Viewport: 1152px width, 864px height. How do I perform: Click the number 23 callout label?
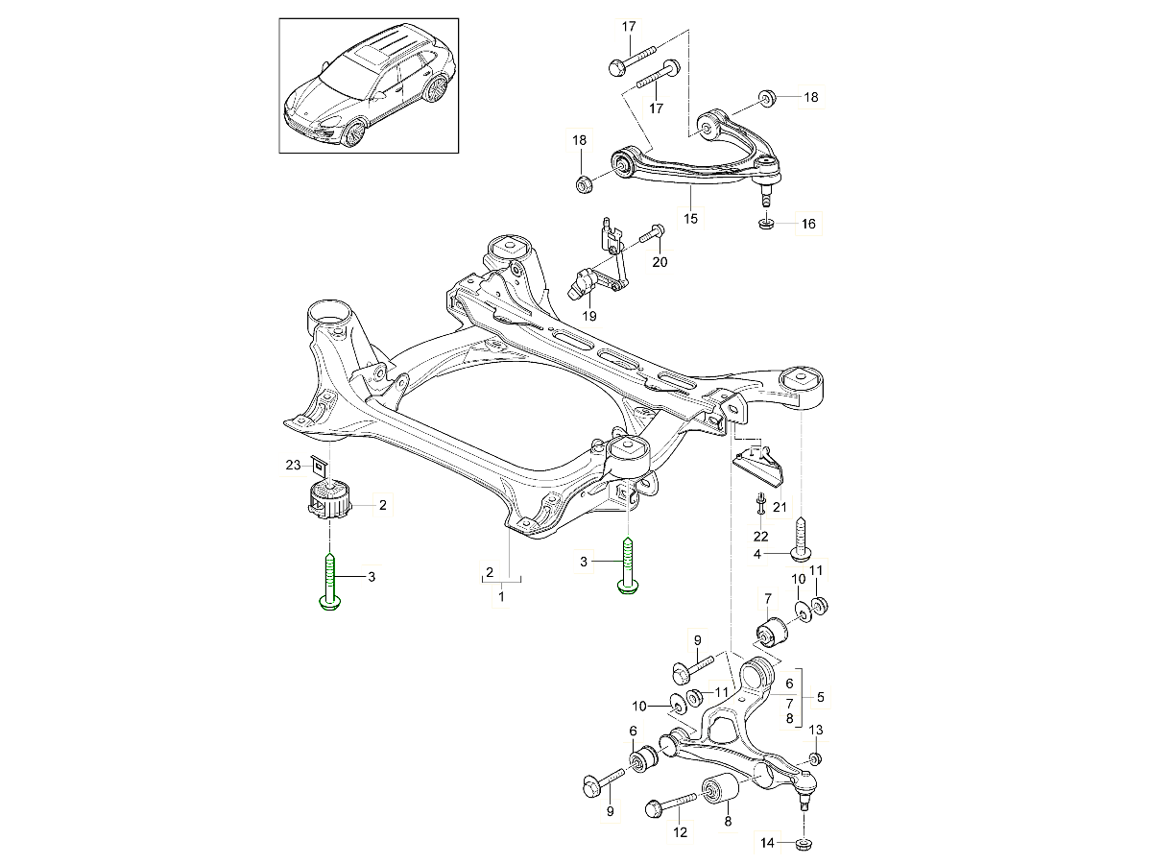(x=293, y=466)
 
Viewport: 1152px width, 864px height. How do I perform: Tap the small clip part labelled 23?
(x=320, y=468)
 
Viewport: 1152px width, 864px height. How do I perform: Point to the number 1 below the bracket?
(x=500, y=596)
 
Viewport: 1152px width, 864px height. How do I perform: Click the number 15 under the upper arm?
(x=690, y=219)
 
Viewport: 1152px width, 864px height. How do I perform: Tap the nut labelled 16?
(x=766, y=225)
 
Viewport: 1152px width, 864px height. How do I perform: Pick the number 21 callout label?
(x=778, y=508)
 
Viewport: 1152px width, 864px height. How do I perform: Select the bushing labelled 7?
(x=770, y=633)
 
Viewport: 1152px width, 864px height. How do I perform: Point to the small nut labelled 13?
(x=815, y=759)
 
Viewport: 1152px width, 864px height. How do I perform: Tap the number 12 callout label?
(x=680, y=832)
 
